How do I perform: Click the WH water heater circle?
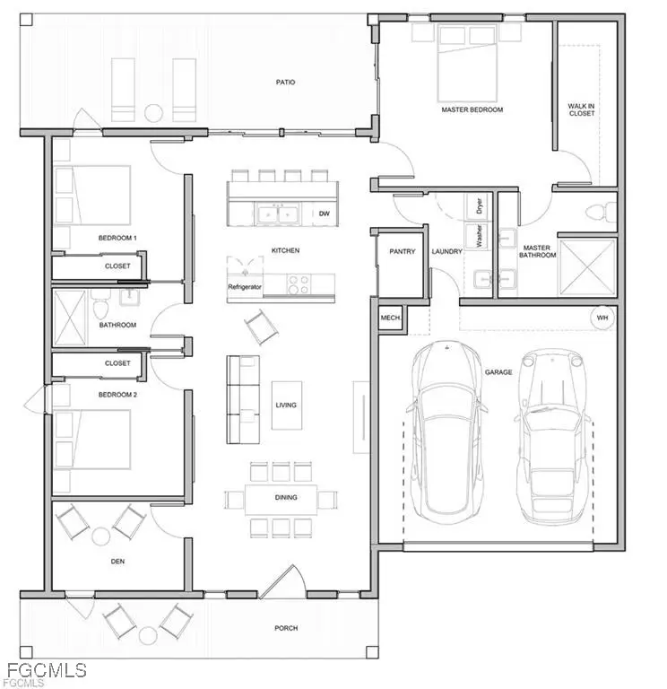pyautogui.click(x=601, y=318)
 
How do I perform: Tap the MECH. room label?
pyautogui.click(x=391, y=318)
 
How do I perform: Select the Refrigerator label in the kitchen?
pyautogui.click(x=245, y=286)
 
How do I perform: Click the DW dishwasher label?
pyautogui.click(x=324, y=214)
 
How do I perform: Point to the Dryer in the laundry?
pyautogui.click(x=479, y=206)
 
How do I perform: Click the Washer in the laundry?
pyautogui.click(x=479, y=235)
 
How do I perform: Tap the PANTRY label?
pyautogui.click(x=403, y=252)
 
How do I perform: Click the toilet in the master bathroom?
pyautogui.click(x=596, y=213)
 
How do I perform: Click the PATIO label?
pyautogui.click(x=285, y=83)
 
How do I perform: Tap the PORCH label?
pyautogui.click(x=286, y=628)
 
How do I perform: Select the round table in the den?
pyautogui.click(x=101, y=536)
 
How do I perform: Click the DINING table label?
pyautogui.click(x=286, y=497)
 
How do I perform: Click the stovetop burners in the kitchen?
pyautogui.click(x=299, y=284)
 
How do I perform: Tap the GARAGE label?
pyautogui.click(x=498, y=371)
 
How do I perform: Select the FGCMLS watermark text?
pyautogui.click(x=43, y=671)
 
